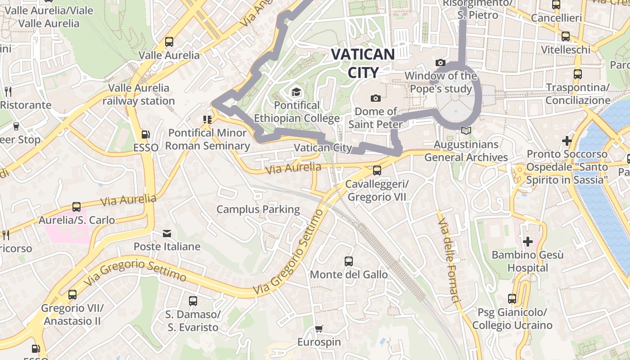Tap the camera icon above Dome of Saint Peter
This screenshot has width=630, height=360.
click(375, 98)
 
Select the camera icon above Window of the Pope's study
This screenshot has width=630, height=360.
click(441, 63)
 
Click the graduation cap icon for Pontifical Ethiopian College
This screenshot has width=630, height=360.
click(296, 92)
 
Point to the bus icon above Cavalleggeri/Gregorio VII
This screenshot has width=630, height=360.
click(377, 171)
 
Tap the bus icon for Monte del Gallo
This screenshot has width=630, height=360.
click(349, 261)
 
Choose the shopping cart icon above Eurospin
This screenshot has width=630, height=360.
click(319, 328)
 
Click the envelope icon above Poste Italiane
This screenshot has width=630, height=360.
click(167, 233)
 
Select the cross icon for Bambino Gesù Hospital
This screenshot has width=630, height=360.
click(527, 242)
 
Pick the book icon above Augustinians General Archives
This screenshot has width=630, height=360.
click(466, 131)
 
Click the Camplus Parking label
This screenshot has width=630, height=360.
click(258, 209)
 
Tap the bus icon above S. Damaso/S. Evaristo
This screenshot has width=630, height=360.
click(193, 301)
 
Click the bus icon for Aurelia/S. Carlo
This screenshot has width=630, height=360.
click(76, 207)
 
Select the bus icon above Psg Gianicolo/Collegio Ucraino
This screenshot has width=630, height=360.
click(512, 298)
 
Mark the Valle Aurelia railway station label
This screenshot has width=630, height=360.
click(139, 94)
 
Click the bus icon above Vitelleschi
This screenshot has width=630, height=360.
click(566, 36)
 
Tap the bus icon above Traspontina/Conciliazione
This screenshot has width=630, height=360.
click(578, 74)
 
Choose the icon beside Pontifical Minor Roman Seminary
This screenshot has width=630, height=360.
click(207, 120)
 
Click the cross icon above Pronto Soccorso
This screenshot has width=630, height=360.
click(567, 141)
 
